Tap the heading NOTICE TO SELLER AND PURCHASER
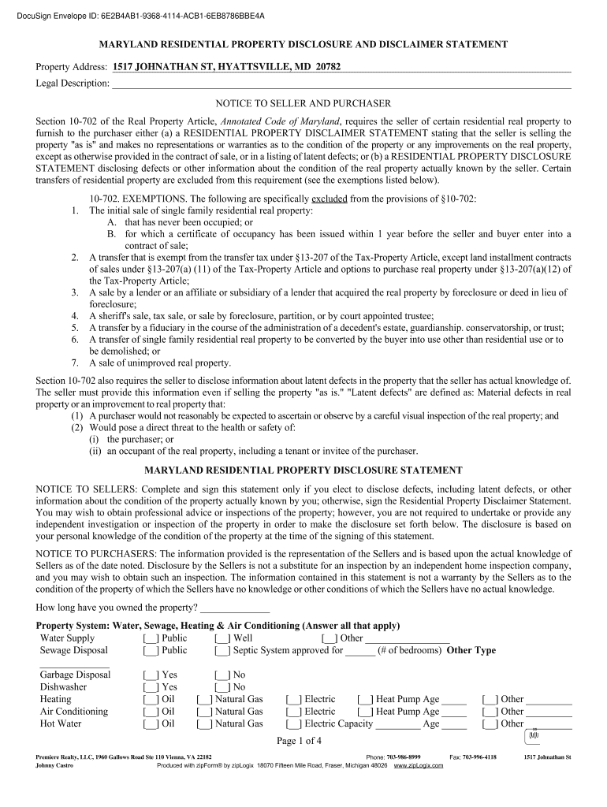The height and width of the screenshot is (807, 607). tap(303, 103)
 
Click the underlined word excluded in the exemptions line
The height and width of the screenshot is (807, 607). tap(329, 199)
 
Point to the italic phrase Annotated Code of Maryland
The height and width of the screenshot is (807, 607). tap(280, 121)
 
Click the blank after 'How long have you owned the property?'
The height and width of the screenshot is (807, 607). tap(235, 608)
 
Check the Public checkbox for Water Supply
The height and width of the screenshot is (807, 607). tap(151, 638)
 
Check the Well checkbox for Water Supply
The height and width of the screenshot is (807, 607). tap(222, 638)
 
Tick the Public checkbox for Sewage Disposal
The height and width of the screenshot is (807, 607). tap(151, 651)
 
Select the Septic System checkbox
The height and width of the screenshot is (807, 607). tap(222, 651)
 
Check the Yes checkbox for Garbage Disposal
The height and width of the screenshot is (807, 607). tap(151, 675)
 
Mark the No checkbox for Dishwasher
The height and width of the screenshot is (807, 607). tap(222, 687)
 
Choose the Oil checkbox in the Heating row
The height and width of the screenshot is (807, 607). tap(151, 699)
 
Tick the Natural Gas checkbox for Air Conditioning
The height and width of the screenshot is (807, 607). tap(204, 712)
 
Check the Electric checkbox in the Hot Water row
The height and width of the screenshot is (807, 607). tap(293, 723)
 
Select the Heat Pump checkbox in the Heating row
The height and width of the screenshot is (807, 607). tap(365, 699)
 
